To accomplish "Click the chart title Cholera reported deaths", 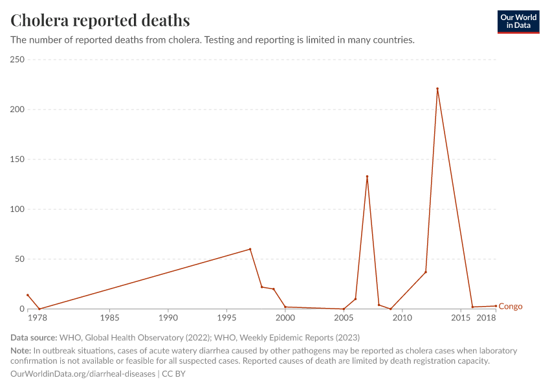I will click(100, 20).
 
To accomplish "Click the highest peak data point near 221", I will click(437, 89).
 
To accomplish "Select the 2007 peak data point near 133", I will click(367, 176).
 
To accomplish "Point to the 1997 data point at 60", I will click(250, 249).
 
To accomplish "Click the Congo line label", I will click(511, 307).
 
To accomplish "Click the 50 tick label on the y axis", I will click(19, 259).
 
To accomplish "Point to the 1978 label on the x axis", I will click(38, 318).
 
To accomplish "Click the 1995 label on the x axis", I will click(226, 318).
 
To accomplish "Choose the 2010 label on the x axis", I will click(402, 318).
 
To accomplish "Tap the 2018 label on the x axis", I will click(486, 318).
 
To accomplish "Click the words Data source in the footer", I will click(34, 338).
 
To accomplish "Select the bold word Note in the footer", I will click(21, 351).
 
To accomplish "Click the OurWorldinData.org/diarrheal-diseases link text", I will click(83, 374).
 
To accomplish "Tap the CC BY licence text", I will click(173, 374).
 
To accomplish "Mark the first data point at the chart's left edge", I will click(27, 295).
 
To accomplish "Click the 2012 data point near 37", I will click(426, 272).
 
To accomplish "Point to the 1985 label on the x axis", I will click(110, 318).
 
